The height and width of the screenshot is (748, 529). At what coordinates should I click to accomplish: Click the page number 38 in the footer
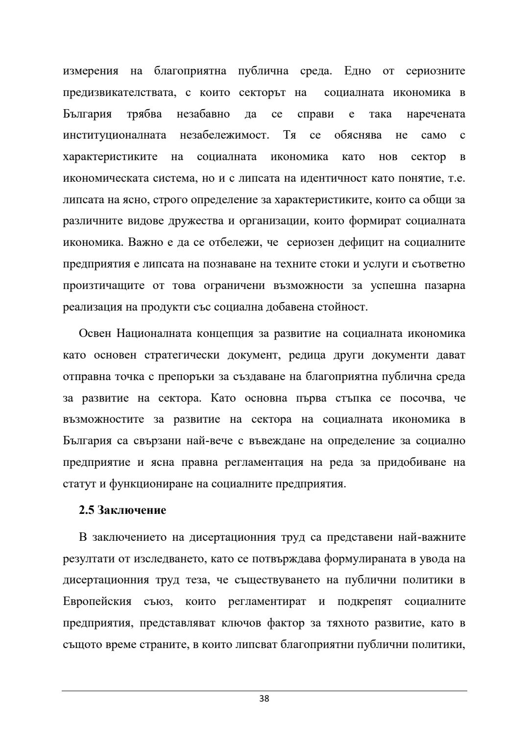click(x=264, y=699)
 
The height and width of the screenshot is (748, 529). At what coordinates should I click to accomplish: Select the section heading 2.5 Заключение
click(x=122, y=510)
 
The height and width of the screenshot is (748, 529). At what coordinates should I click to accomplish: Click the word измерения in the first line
click(x=91, y=71)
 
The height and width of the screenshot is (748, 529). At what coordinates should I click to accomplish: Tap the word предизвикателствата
click(x=120, y=93)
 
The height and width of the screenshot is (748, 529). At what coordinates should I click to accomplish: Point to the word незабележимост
click(x=224, y=135)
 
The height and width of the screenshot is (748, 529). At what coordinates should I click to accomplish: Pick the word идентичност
click(x=331, y=178)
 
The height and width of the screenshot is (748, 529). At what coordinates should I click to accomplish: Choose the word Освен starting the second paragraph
click(x=96, y=334)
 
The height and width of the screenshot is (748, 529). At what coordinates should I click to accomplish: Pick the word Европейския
click(x=97, y=602)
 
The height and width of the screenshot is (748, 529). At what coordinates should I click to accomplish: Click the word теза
click(x=194, y=580)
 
